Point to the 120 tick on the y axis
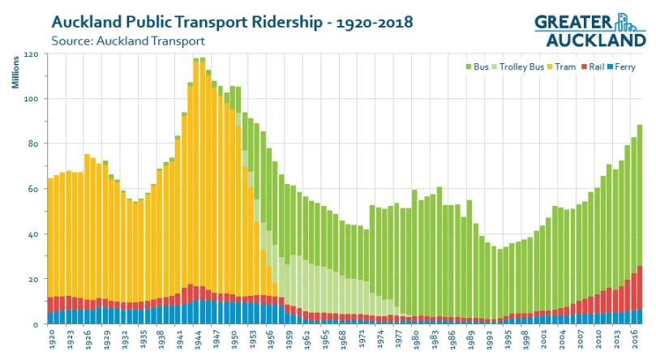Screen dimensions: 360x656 click(x=32, y=54)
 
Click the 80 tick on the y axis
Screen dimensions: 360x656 click(x=33, y=144)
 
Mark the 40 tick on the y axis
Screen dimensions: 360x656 click(x=33, y=234)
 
